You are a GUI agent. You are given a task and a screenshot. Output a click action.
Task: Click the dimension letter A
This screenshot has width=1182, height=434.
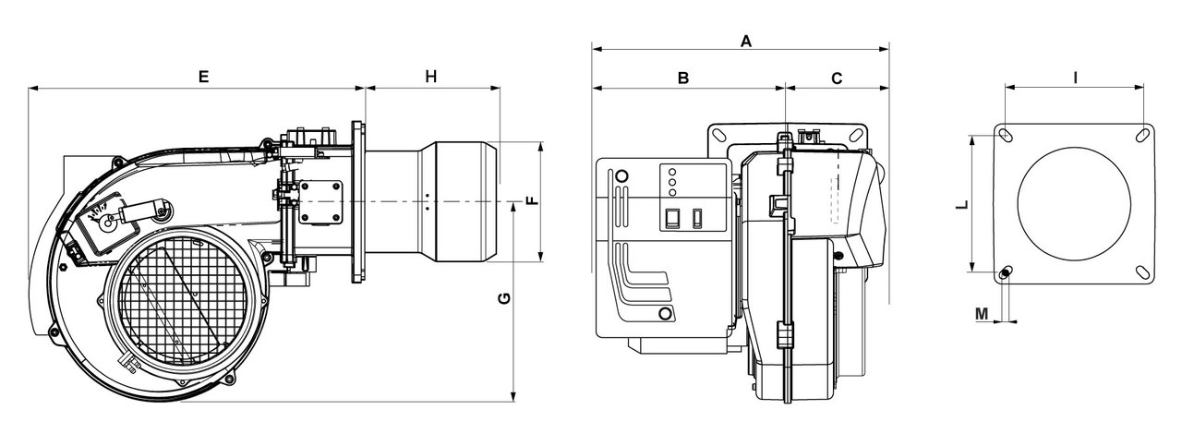[746, 41]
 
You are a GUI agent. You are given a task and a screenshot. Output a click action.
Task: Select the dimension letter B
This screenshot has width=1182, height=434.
[683, 78]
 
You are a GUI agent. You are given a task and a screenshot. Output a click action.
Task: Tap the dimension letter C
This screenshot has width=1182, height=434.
[837, 78]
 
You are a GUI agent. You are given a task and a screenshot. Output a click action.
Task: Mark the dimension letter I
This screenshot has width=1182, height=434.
[1076, 78]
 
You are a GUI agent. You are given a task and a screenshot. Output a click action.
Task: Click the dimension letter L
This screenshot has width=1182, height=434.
[961, 206]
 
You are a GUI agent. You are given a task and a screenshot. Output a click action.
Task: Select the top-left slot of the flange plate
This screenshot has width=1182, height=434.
[1006, 136]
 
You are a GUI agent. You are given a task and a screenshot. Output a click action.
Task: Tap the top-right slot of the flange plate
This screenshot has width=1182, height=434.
[1142, 135]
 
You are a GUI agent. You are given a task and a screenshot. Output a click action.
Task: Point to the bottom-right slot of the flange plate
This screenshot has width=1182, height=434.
[1142, 271]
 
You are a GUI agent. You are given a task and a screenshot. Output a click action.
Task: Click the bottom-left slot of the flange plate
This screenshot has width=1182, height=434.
[1006, 272]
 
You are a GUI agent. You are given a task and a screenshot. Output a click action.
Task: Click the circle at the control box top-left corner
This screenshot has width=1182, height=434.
[621, 175]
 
